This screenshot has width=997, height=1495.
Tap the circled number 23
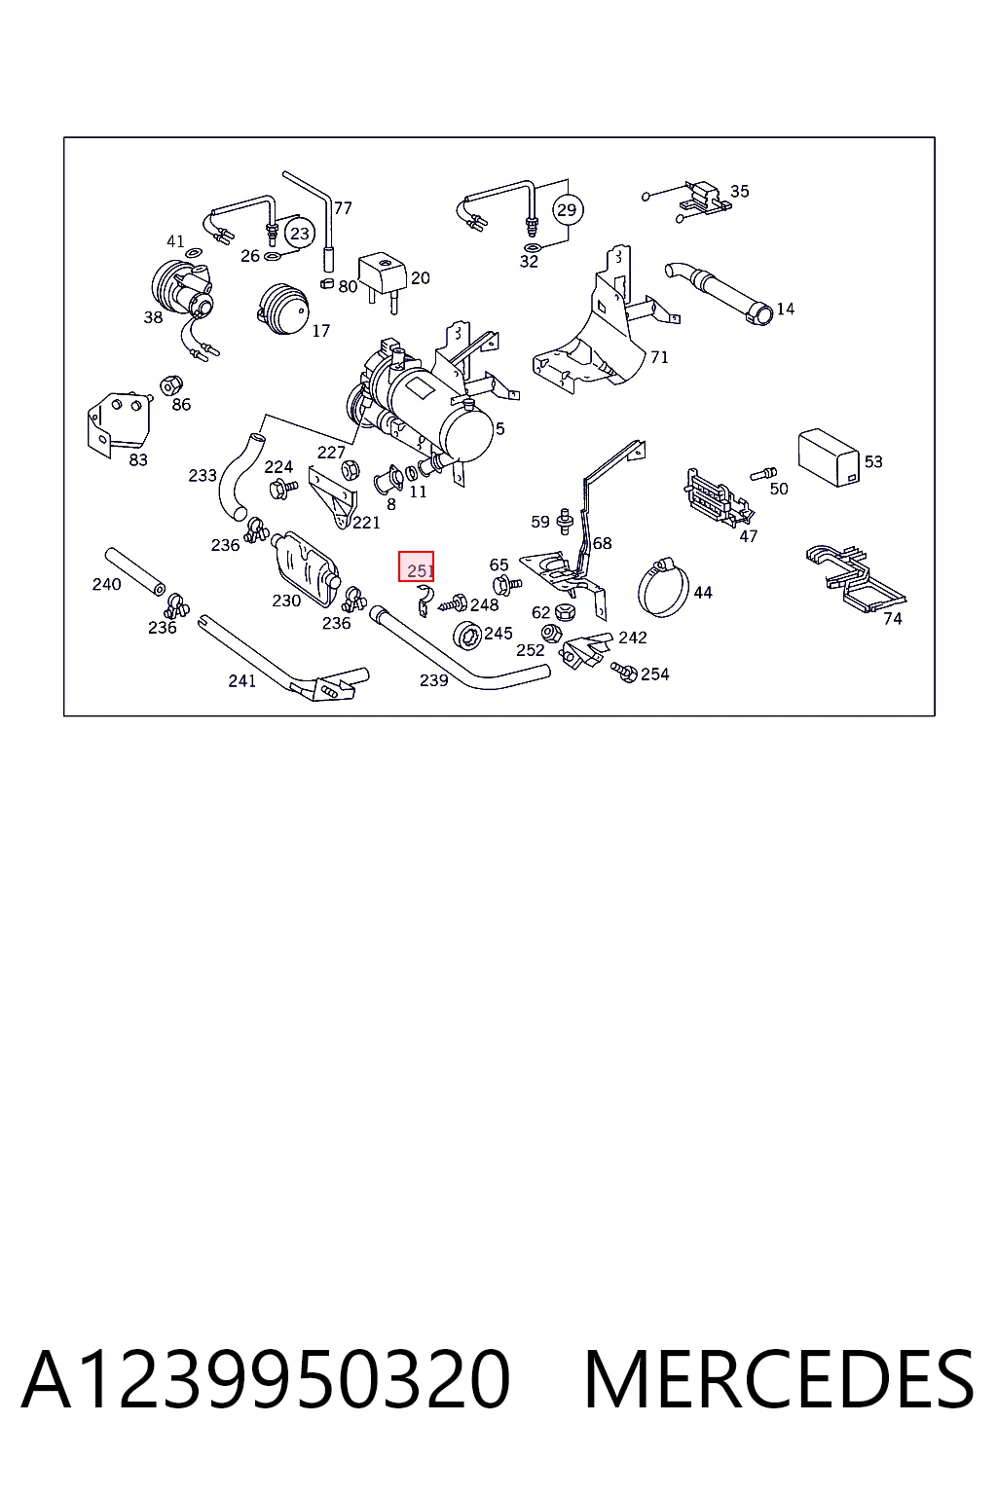click(x=300, y=233)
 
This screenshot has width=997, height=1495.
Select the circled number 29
click(x=568, y=209)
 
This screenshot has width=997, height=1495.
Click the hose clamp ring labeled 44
click(x=663, y=588)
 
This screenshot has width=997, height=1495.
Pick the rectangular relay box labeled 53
click(x=829, y=457)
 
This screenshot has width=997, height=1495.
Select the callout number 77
click(x=343, y=207)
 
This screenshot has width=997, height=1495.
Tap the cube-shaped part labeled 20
click(x=382, y=275)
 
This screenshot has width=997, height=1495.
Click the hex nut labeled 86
click(x=171, y=385)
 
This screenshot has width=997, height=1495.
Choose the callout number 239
click(x=433, y=680)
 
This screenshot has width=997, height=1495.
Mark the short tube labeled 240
click(x=134, y=571)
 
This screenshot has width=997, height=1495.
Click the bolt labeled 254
click(x=624, y=672)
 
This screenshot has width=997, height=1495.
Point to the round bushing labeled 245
click(x=467, y=635)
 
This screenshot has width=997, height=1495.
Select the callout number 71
click(x=659, y=357)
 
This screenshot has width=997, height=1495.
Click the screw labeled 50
click(x=763, y=474)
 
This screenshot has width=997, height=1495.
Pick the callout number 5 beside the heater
click(x=500, y=429)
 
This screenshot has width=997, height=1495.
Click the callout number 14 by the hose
click(x=786, y=309)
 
